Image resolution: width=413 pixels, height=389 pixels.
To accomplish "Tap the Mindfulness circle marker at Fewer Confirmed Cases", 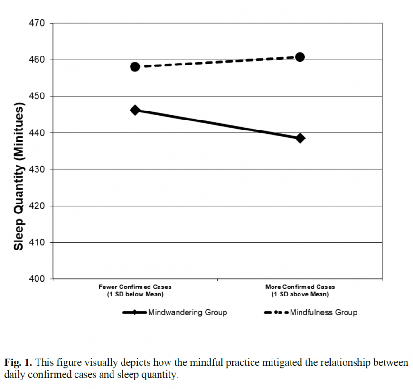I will pyautogui.click(x=135, y=66).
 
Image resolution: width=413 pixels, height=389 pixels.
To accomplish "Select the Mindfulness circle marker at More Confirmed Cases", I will pyautogui.click(x=300, y=57).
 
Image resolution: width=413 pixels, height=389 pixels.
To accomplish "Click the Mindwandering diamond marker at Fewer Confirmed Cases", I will pyautogui.click(x=135, y=110).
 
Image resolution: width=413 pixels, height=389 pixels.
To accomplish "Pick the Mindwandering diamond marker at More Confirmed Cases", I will pyautogui.click(x=300, y=138).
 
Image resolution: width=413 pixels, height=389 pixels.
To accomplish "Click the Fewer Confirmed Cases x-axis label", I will pyautogui.click(x=135, y=287).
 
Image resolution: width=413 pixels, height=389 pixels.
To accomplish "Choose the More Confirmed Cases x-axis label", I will pyautogui.click(x=300, y=287).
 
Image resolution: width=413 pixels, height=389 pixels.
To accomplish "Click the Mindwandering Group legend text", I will pyautogui.click(x=187, y=312).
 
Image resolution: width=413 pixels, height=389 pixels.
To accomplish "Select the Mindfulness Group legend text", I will pyautogui.click(x=323, y=312).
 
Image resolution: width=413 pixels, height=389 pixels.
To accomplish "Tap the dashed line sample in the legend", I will pyautogui.click(x=272, y=312).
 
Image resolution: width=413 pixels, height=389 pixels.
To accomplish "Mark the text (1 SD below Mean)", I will pyautogui.click(x=135, y=294).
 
